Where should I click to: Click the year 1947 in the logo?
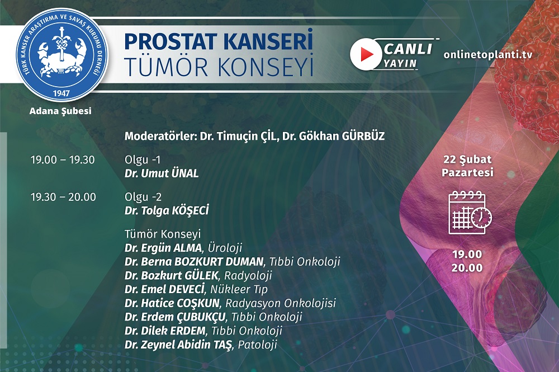[61, 94]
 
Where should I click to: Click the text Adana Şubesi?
[60, 111]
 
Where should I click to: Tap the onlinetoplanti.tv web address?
[488, 55]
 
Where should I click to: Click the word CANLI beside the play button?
[408, 49]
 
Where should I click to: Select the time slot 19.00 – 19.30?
[63, 160]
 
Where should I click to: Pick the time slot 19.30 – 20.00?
[63, 197]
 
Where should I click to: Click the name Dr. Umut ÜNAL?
[162, 174]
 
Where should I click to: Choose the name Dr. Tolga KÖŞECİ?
[167, 210]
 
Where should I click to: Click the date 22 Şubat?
[467, 159]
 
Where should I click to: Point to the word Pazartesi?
[467, 173]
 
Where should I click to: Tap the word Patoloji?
[257, 345]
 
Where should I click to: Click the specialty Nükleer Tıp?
[239, 289]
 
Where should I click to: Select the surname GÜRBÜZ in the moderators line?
[363, 136]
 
